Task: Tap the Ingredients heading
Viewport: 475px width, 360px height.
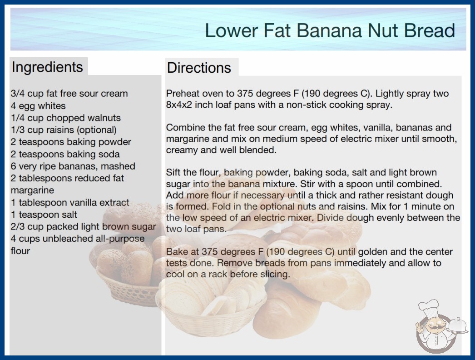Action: (x=47, y=67)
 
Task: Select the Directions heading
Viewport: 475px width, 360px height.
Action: (x=199, y=68)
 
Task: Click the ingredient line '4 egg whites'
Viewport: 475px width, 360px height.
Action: (x=38, y=106)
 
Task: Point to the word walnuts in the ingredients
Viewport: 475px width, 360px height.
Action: (x=104, y=118)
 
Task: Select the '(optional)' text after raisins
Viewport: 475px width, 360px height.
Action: (x=97, y=130)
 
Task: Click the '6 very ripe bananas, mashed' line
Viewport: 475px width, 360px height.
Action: (x=73, y=166)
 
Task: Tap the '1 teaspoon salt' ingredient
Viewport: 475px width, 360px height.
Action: (x=44, y=215)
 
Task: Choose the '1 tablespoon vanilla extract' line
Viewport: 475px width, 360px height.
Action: (x=70, y=202)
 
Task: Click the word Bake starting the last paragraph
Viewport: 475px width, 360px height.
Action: (x=176, y=252)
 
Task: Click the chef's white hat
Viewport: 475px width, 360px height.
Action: (x=429, y=307)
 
